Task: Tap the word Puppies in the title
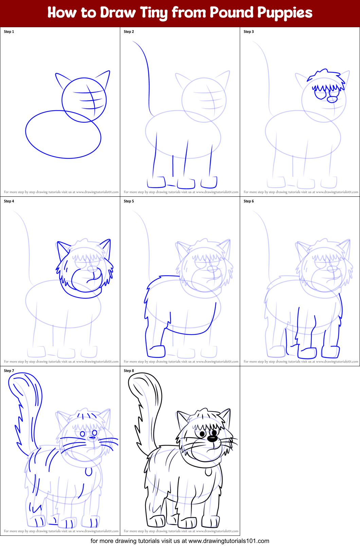pos(285,13)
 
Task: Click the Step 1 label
pos(9,32)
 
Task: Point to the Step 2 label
pos(129,32)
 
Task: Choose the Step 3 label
pos(249,32)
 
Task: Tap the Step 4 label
pos(9,201)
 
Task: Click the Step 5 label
pos(129,201)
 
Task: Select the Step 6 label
pos(249,201)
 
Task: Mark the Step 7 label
pos(9,371)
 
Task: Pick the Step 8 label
pos(129,371)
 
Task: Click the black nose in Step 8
pos(212,439)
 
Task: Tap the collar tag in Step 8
pos(208,472)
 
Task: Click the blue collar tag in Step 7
pos(88,472)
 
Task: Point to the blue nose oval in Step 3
pos(332,99)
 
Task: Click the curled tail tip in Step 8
pos(136,382)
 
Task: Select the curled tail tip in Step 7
pos(16,382)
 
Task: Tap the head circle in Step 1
pos(84,100)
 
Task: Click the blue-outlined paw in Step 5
pos(157,351)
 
